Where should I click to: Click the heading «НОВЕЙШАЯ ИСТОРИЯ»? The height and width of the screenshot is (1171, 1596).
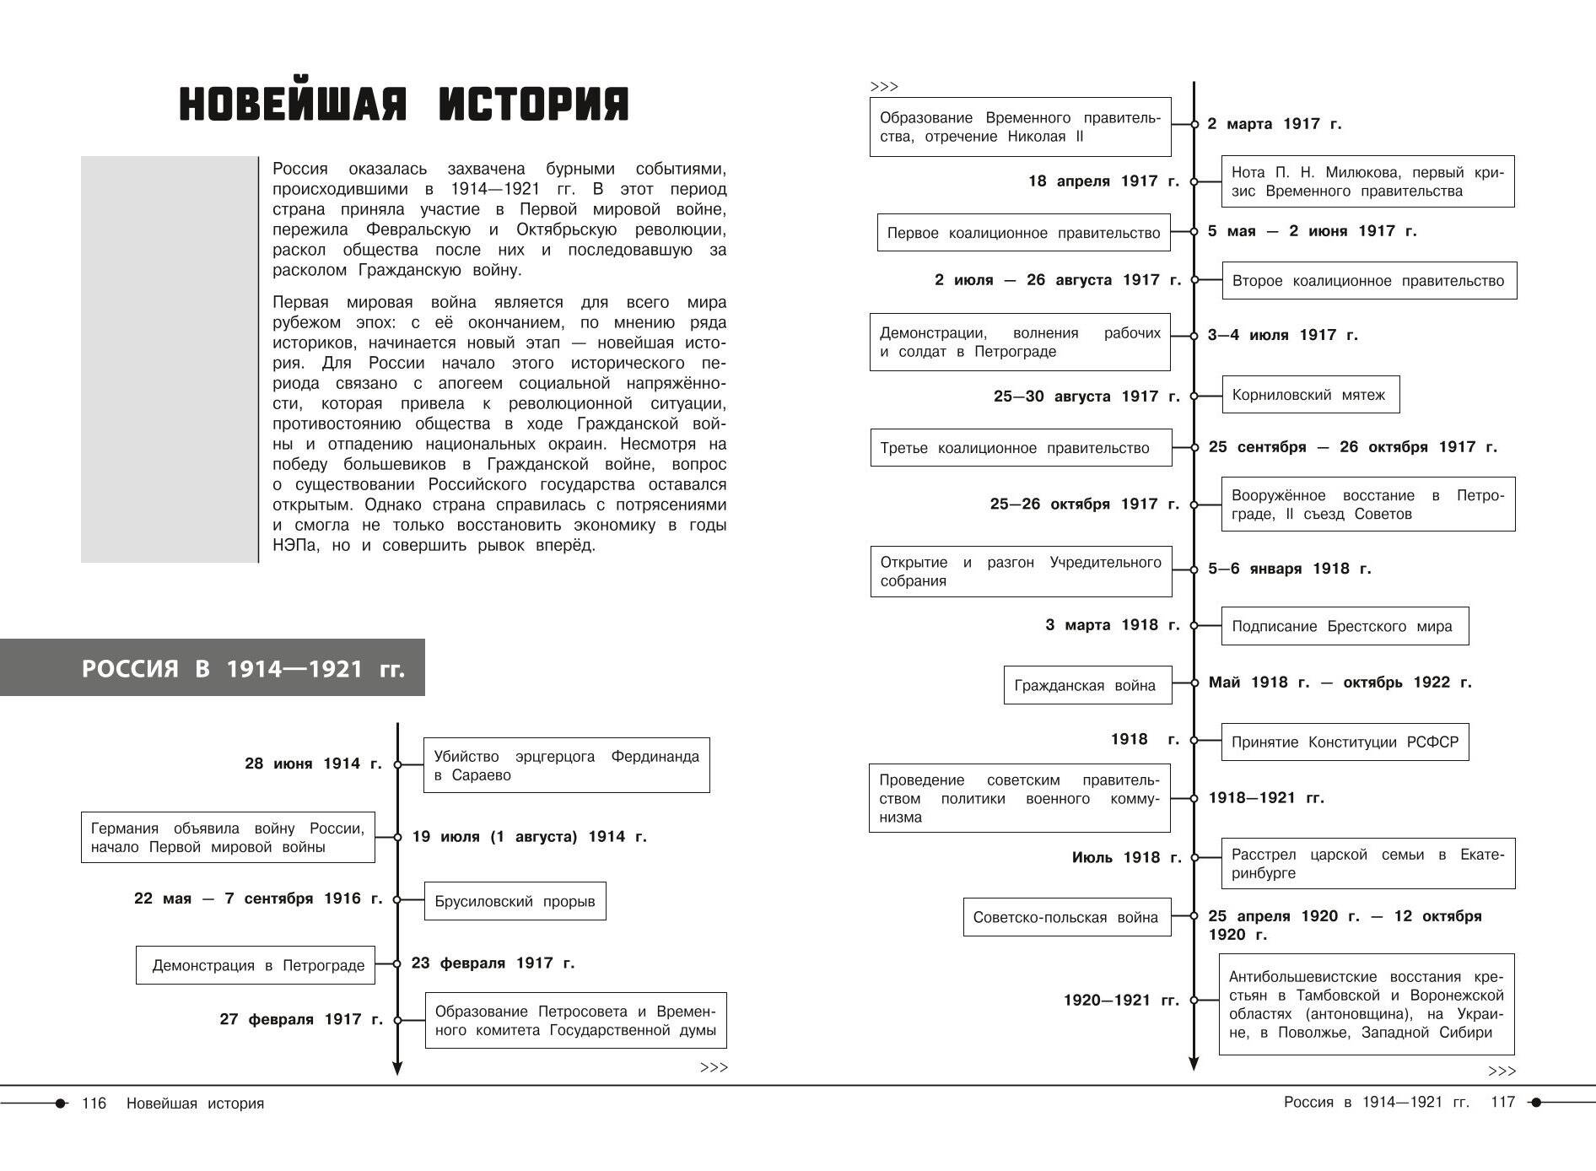click(404, 105)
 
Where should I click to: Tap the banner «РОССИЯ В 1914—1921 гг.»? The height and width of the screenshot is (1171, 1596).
click(243, 669)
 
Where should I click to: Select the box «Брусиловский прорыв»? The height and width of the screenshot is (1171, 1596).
click(515, 901)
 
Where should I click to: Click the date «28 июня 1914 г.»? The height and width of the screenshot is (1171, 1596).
click(313, 764)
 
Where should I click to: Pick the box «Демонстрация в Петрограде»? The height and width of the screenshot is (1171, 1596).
click(256, 965)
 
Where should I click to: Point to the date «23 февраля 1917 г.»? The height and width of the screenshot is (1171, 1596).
click(493, 963)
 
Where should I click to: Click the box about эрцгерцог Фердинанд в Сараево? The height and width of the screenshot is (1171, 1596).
click(566, 765)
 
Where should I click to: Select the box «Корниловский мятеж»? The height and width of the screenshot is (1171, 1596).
click(1310, 395)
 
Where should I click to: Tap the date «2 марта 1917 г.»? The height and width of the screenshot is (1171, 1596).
click(1274, 124)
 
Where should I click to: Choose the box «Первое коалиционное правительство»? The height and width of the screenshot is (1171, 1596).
click(1023, 233)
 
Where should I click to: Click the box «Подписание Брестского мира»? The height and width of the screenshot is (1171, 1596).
click(1344, 626)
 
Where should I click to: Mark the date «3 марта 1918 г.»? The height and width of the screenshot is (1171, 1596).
click(1112, 625)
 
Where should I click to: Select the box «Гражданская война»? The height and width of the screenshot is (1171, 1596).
click(1086, 685)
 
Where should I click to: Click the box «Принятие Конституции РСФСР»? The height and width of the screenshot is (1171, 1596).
click(1345, 742)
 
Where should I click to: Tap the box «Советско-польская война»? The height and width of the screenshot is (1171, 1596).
click(1066, 917)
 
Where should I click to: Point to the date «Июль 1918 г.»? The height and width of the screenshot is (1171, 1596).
click(1126, 857)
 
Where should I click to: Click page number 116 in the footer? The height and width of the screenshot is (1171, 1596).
click(94, 1104)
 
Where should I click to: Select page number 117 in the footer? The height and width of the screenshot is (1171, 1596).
click(1503, 1102)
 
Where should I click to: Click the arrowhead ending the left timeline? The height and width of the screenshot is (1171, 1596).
click(397, 1069)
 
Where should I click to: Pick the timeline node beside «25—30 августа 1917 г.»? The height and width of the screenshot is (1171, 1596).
click(1194, 396)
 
